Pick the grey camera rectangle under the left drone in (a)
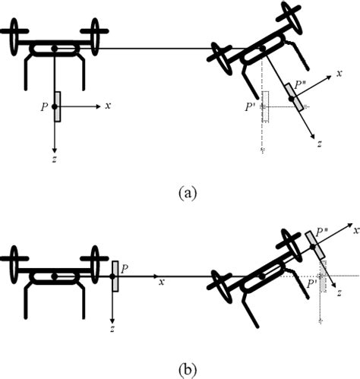(56, 107)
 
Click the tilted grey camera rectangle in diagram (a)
(294, 96)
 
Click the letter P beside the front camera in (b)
(124, 269)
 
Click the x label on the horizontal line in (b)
(161, 282)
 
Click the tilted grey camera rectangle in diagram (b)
(316, 245)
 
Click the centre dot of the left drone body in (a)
(55, 51)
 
